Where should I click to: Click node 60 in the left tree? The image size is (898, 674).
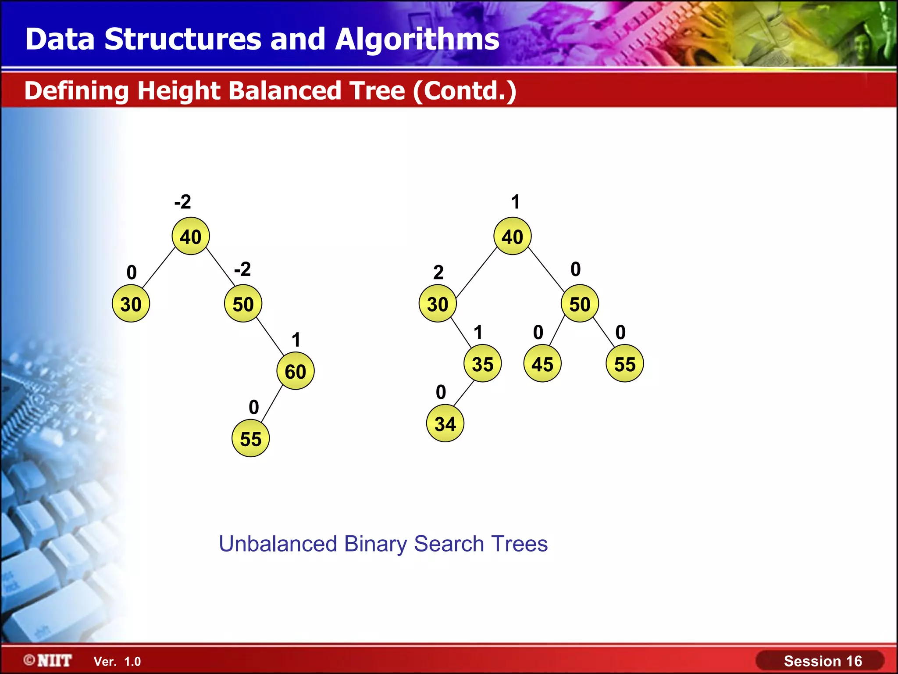295,371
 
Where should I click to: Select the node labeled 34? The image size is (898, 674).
445,423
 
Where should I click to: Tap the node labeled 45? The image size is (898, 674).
542,364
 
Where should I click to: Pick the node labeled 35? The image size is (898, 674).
482,364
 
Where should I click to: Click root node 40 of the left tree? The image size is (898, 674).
191,237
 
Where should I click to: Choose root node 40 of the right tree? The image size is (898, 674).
512,237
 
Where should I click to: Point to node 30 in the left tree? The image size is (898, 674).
131,304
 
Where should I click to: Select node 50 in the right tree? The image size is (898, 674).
580,304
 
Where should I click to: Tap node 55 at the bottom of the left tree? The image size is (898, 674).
250,438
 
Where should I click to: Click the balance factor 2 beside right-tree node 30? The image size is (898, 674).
438,272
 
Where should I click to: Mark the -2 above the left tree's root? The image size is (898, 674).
183,202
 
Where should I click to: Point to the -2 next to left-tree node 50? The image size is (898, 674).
242,269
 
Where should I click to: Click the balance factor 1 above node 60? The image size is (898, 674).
296,340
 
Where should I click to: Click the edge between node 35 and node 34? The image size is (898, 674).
463,394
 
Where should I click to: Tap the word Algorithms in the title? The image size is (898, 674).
417,39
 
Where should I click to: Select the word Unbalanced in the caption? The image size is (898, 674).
278,544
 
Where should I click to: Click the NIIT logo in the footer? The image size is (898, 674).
48,660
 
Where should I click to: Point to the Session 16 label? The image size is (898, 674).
823,661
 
